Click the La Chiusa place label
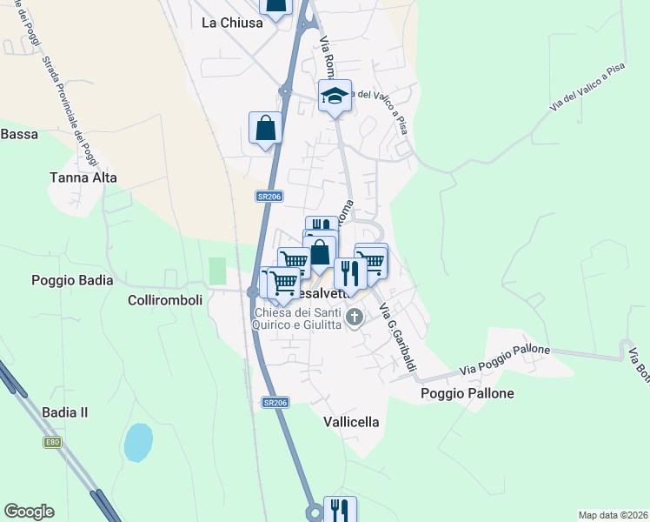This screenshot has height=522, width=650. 232,23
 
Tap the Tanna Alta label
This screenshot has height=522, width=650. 83,177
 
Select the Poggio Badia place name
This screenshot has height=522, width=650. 72,280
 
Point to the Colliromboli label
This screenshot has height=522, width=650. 165,299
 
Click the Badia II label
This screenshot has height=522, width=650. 65,412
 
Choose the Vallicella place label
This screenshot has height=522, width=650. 351,422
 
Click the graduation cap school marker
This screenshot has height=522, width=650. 335,96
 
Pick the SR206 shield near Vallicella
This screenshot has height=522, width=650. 275,403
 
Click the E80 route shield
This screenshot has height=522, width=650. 53,442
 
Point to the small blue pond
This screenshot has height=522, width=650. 138,443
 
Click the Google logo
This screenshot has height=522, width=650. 29,512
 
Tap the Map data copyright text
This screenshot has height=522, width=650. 612,515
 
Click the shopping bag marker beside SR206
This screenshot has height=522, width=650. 265,129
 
